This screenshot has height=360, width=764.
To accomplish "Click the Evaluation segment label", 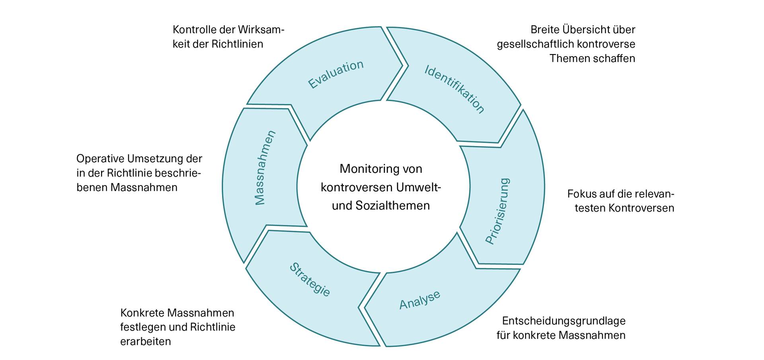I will (336, 74).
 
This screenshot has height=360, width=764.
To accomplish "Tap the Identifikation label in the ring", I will (454, 89).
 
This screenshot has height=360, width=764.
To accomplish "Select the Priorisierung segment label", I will (498, 211).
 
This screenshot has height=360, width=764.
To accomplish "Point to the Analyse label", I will (420, 300).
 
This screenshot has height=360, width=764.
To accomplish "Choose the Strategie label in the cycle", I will (310, 280).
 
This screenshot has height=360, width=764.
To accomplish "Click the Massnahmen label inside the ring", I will (265, 167).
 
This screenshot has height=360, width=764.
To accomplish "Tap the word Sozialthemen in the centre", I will (393, 206).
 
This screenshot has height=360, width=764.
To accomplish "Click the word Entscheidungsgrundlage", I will (563, 321).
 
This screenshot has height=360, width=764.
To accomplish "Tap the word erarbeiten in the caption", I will (145, 342).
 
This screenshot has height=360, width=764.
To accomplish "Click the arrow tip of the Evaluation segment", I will (401, 66).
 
